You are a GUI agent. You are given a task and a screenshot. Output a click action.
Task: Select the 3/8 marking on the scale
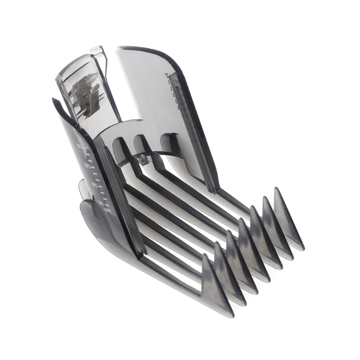pos(94,185)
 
